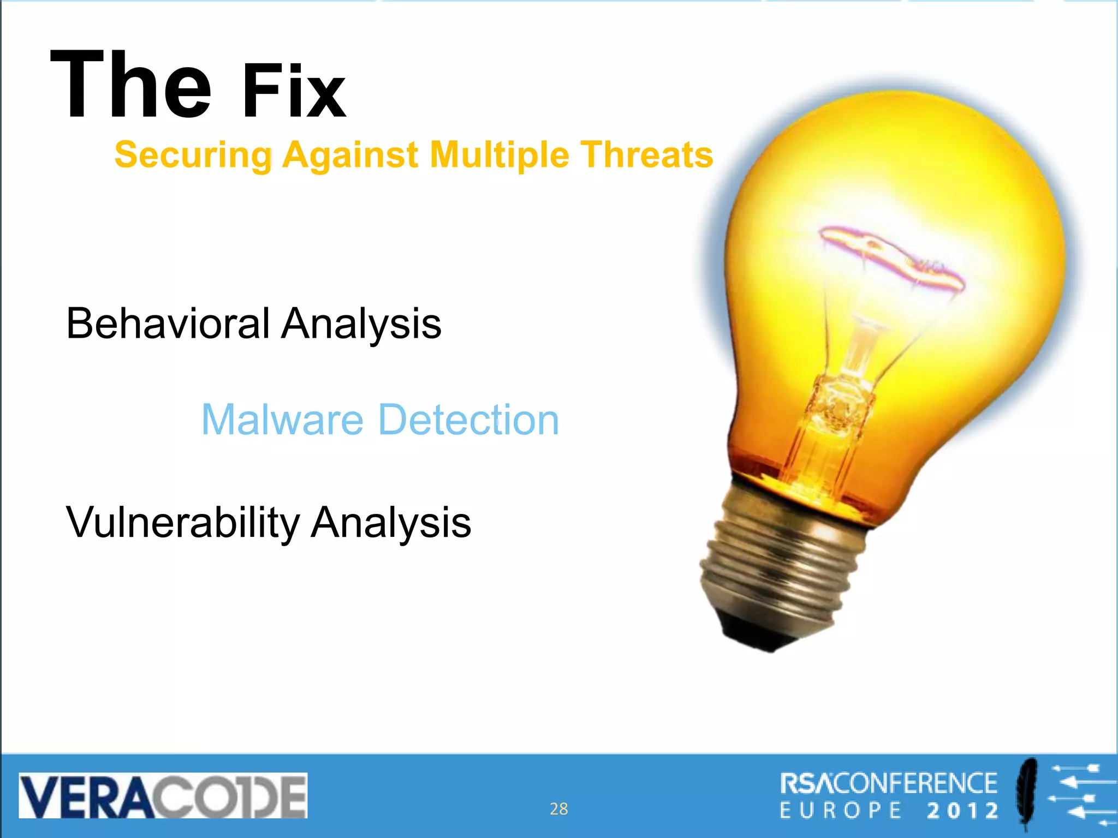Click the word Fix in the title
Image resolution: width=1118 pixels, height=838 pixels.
coord(294,92)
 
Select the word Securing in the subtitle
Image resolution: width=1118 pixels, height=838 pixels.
coord(193,155)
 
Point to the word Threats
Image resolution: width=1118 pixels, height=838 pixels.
coord(646,154)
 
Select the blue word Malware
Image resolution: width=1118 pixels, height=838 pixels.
coord(282,420)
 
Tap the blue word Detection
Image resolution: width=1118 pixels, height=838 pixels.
coord(468,420)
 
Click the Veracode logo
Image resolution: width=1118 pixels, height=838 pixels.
coord(163,795)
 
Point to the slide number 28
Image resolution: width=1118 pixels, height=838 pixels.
coord(558,809)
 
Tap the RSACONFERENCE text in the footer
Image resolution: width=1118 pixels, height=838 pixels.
coord(888,783)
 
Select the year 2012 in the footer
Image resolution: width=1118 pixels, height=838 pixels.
coord(962,811)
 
